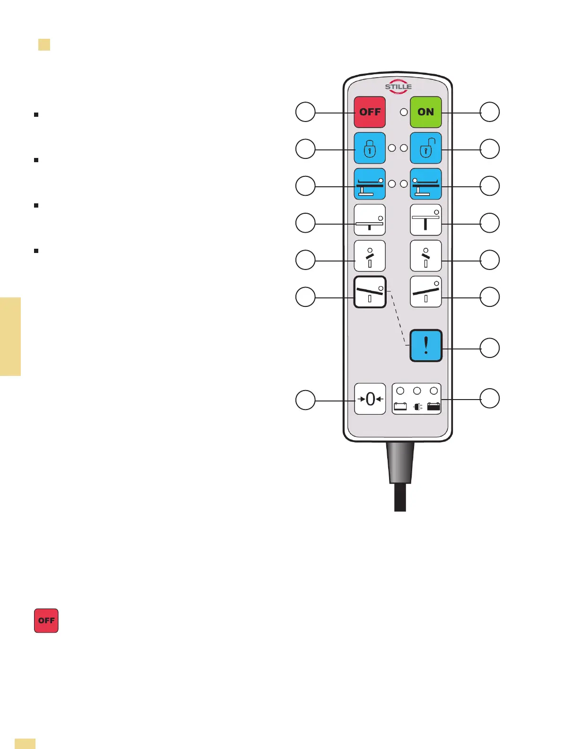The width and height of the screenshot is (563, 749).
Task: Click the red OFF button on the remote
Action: click(370, 112)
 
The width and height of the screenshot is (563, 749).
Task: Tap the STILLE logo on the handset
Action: click(398, 87)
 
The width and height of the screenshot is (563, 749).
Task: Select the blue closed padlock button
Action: click(370, 148)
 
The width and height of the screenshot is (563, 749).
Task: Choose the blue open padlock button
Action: click(425, 148)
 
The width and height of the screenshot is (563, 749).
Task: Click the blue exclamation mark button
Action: click(425, 346)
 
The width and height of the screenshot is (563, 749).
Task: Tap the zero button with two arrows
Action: click(370, 399)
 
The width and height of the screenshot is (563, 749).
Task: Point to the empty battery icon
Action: click(400, 406)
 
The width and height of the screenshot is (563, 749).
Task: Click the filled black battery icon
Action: click(433, 406)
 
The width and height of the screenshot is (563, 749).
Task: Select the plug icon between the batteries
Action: click(417, 406)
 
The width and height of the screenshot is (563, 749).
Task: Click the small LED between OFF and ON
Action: click(404, 112)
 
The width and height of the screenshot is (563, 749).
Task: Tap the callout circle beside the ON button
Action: click(490, 112)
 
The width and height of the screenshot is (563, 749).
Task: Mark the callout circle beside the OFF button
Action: click(305, 112)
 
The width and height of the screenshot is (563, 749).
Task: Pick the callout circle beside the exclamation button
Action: click(490, 348)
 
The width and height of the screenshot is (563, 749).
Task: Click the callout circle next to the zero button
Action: click(305, 400)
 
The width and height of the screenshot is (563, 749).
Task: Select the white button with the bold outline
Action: click(370, 292)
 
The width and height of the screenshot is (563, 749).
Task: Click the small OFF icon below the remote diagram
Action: click(46, 620)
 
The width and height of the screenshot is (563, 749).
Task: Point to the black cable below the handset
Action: click(400, 496)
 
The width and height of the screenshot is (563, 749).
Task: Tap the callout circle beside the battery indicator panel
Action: click(490, 398)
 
